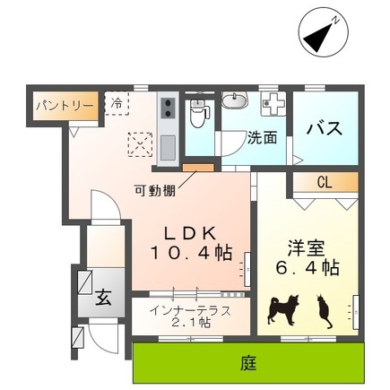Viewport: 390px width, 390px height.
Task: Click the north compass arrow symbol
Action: (321, 33)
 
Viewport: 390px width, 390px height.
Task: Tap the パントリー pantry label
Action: (65, 105)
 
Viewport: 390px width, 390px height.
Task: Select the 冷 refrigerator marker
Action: (117, 103)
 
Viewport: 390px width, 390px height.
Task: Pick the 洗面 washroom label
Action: (262, 140)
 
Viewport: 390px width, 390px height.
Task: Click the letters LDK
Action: (189, 230)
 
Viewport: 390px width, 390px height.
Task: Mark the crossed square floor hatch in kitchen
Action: (139, 143)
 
